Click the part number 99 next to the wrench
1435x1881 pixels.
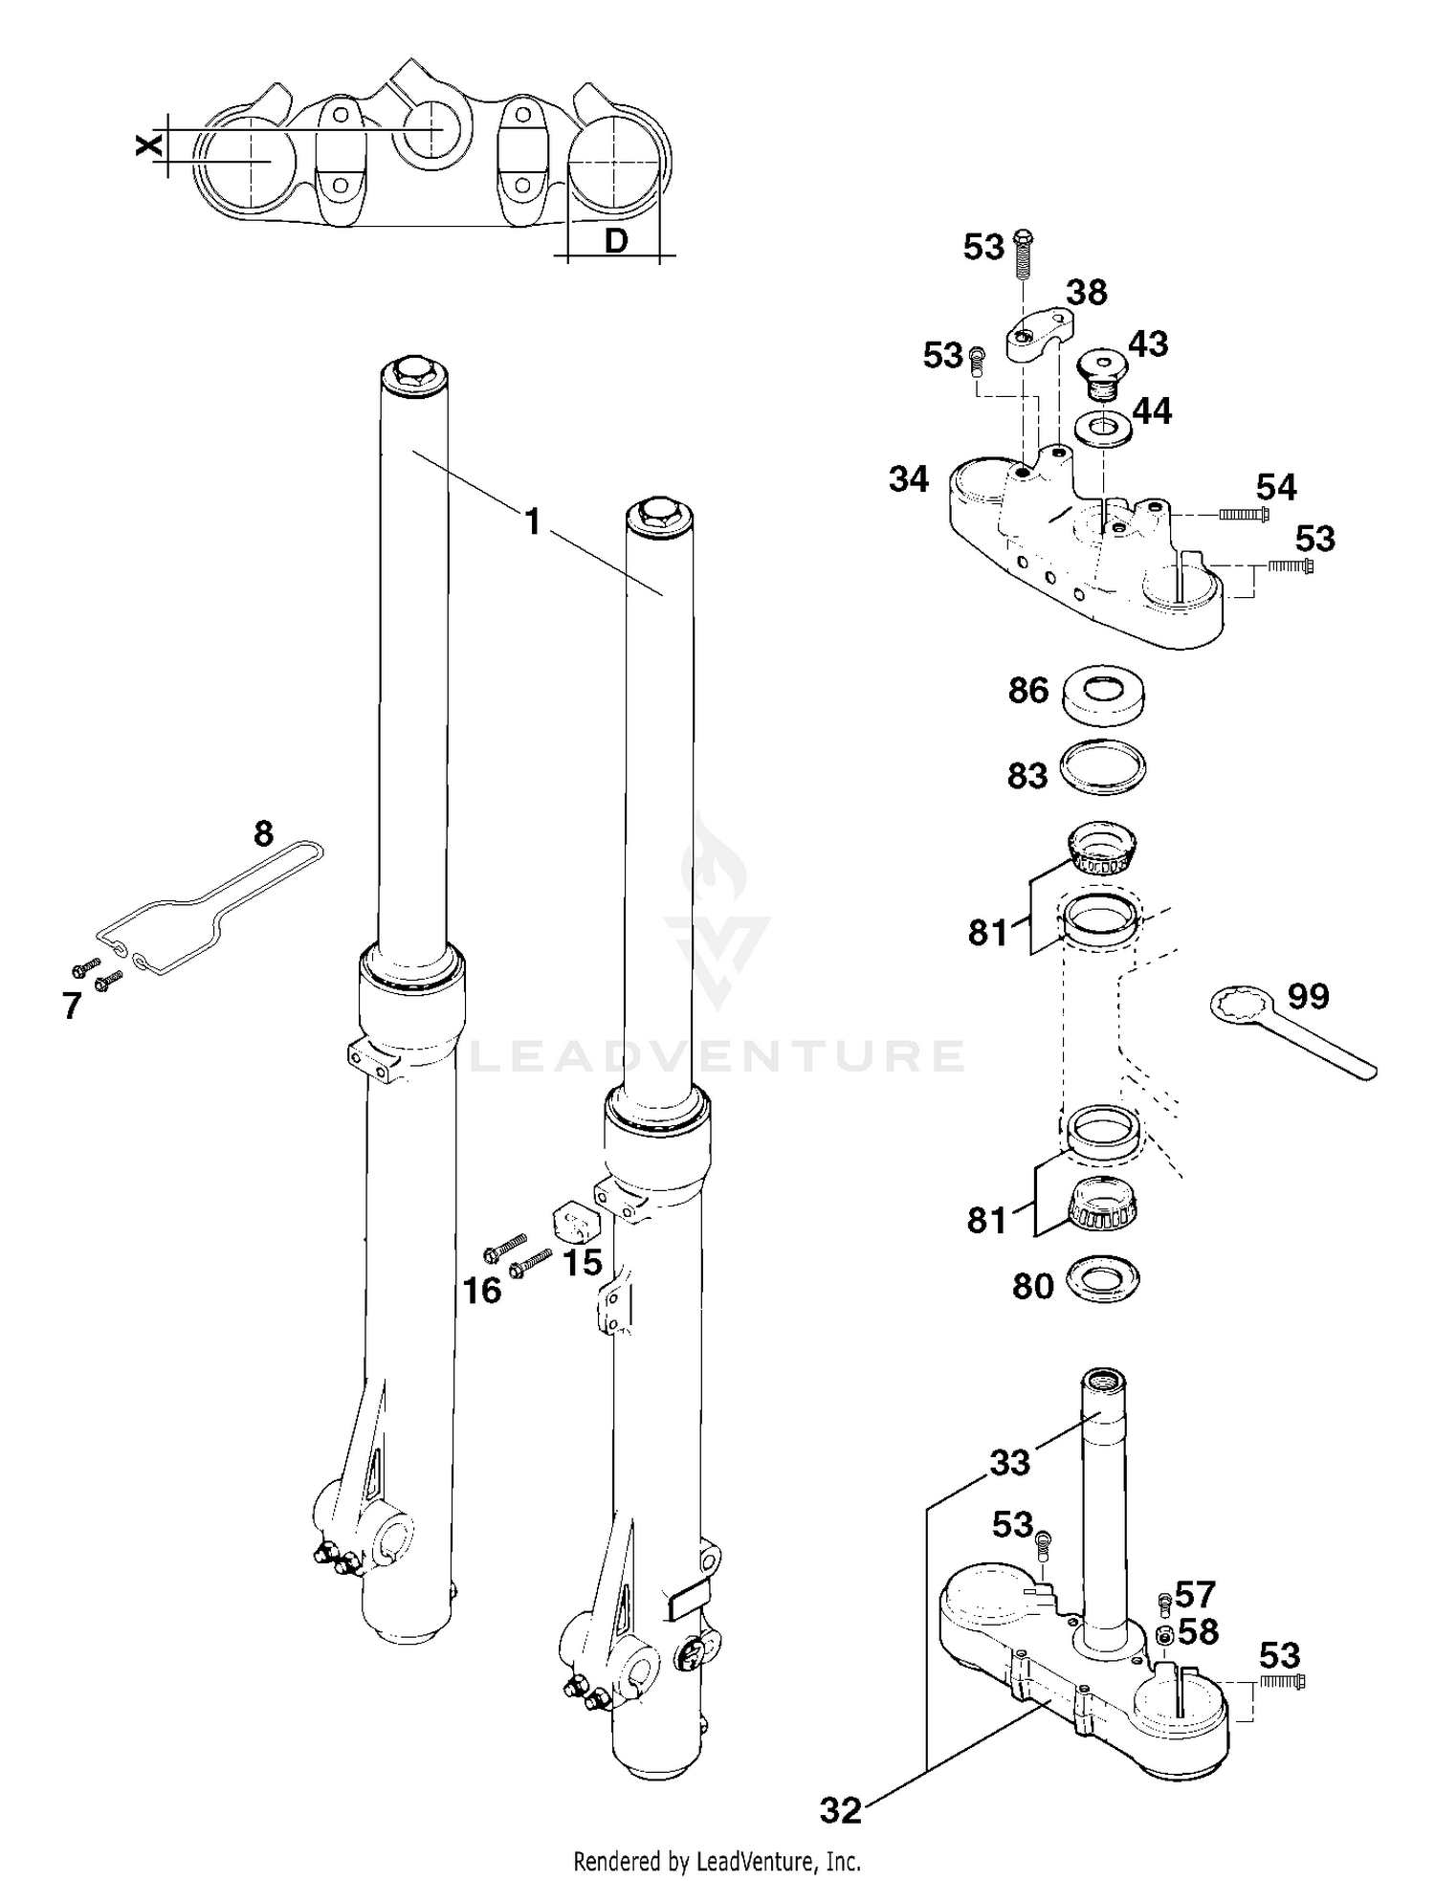[x=1308, y=997]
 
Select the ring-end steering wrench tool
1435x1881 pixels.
[x=1282, y=1033]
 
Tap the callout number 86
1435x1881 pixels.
[x=1028, y=690]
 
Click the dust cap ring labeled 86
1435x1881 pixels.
[x=1104, y=697]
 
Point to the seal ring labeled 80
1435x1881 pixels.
[x=1103, y=1279]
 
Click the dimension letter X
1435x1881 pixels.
[x=147, y=145]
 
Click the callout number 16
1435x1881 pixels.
[x=482, y=1291]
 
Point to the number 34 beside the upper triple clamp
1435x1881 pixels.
[x=908, y=479]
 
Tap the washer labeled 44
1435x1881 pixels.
[x=1103, y=427]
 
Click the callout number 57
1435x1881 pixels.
[x=1195, y=1595]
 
